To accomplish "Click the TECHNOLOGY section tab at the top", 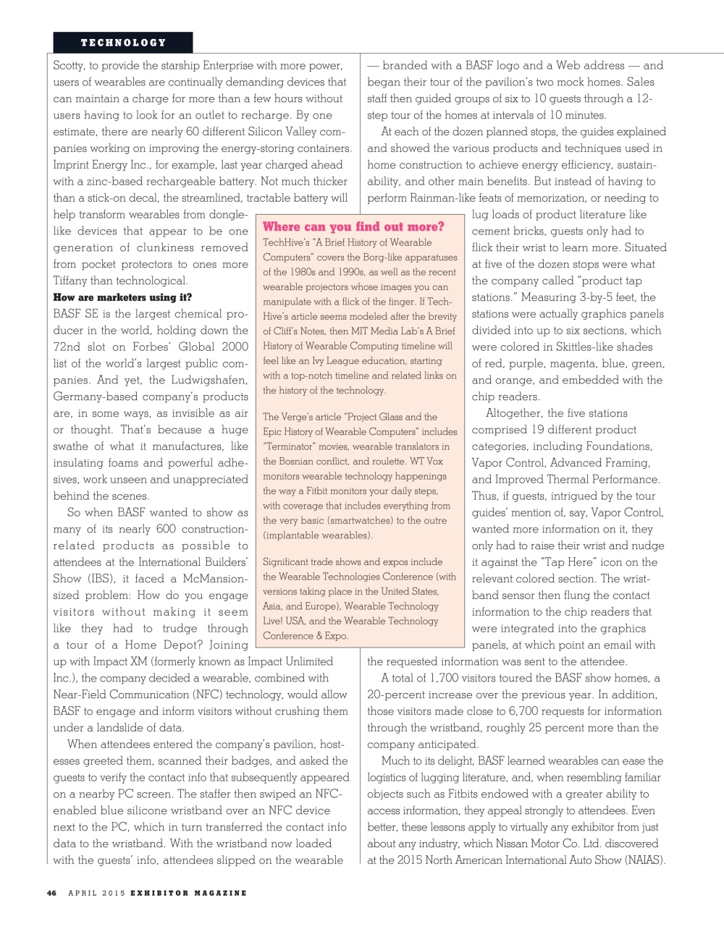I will coord(123,43).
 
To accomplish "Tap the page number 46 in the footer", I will coord(51,893).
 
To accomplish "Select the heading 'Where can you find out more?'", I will coord(353,226).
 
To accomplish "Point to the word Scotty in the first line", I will coord(69,65).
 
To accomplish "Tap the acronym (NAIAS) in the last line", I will coord(644,860).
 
